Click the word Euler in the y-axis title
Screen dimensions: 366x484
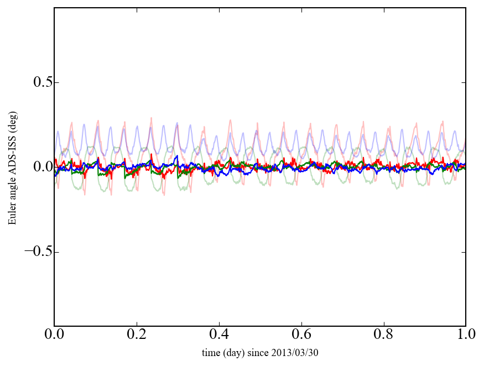[x=12, y=215]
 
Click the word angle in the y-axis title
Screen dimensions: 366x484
[x=12, y=194]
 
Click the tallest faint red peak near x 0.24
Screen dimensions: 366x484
[x=151, y=118]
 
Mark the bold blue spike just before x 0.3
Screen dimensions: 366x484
[x=176, y=156]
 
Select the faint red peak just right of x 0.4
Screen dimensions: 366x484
[x=230, y=120]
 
